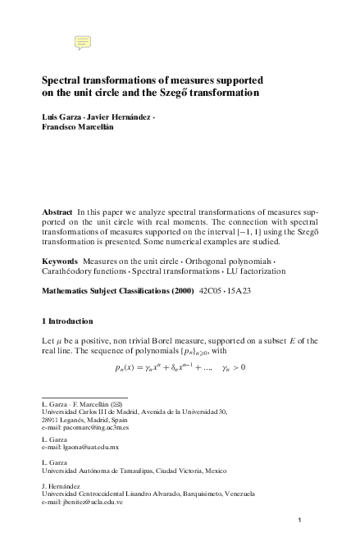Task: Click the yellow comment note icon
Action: tap(82, 42)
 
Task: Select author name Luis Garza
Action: tap(62, 117)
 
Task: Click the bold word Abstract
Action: tap(57, 212)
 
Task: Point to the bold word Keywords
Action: tap(59, 261)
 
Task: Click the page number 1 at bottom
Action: tap(301, 521)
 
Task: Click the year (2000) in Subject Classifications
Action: tap(180, 291)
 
